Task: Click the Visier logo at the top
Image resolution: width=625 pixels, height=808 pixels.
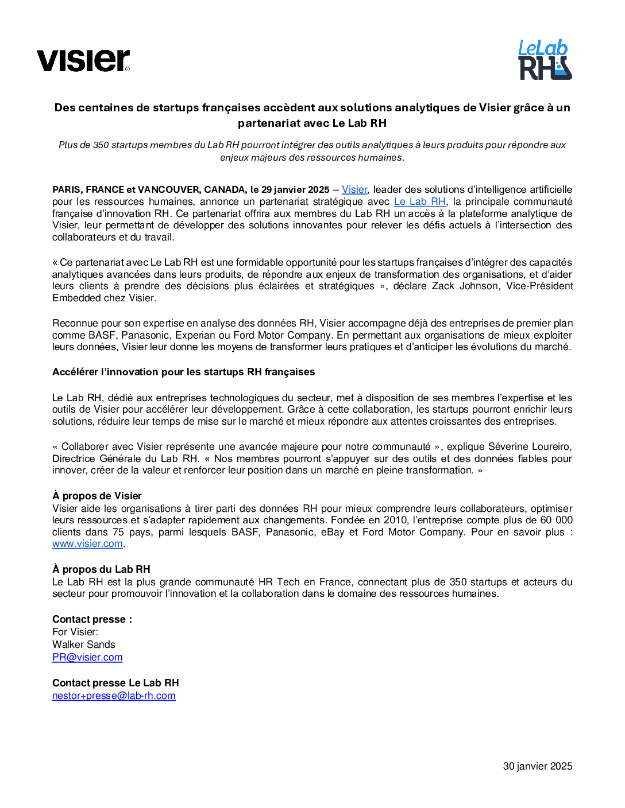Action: [x=83, y=60]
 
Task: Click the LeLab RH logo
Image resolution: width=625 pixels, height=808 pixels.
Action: [x=545, y=60]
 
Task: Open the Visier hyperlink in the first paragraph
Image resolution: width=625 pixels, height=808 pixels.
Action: [x=354, y=189]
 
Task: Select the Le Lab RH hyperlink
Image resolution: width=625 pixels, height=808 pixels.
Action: [x=419, y=201]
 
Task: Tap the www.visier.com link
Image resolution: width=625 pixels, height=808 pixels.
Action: [x=87, y=543]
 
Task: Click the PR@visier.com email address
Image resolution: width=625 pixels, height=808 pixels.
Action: [x=87, y=657]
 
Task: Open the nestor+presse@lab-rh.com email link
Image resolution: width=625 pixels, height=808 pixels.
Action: [x=114, y=696]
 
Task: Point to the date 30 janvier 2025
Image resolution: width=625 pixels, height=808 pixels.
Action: [x=537, y=766]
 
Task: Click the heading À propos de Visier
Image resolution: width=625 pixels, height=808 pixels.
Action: [x=97, y=496]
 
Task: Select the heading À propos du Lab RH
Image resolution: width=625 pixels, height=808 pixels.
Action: [x=101, y=569]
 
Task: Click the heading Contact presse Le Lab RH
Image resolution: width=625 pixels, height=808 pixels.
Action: [x=115, y=683]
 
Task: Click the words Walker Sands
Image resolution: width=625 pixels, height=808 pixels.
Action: [x=84, y=644]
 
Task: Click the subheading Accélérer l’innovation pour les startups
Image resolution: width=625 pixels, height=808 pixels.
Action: [x=183, y=372]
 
